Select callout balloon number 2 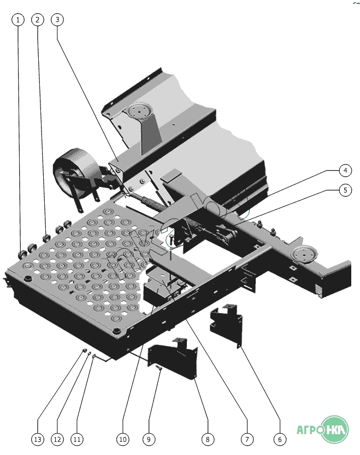(x=38, y=20)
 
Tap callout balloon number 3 (x=57, y=20)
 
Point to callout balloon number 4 (x=344, y=171)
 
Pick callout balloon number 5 (x=344, y=190)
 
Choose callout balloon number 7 (x=246, y=439)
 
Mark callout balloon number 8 (x=206, y=439)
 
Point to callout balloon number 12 (x=57, y=439)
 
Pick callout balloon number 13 (x=37, y=439)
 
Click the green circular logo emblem (x=335, y=430)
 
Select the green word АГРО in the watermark (x=309, y=430)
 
